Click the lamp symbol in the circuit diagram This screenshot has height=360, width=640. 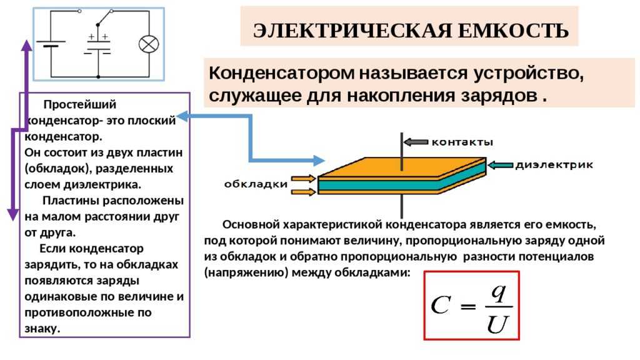click(149, 44)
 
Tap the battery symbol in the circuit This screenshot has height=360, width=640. click(51, 44)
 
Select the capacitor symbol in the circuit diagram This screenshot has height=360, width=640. click(98, 47)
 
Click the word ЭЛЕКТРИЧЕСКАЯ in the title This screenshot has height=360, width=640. click(352, 31)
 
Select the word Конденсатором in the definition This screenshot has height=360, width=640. click(282, 74)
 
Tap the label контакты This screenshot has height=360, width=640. click(462, 142)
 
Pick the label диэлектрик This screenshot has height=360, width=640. click(554, 165)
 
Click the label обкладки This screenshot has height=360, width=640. click(256, 184)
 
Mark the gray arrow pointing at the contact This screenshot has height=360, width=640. click(416, 142)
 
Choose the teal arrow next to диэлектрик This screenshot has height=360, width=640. click(501, 165)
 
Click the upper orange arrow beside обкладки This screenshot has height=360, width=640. click(303, 178)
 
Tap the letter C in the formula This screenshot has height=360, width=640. click(441, 305)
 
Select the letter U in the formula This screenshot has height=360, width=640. click(497, 324)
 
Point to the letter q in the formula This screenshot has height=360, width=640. click(499, 292)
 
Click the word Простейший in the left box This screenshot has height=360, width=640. click(79, 104)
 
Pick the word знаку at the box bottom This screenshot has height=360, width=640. click(42, 329)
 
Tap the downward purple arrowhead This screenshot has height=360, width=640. click(14, 215)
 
